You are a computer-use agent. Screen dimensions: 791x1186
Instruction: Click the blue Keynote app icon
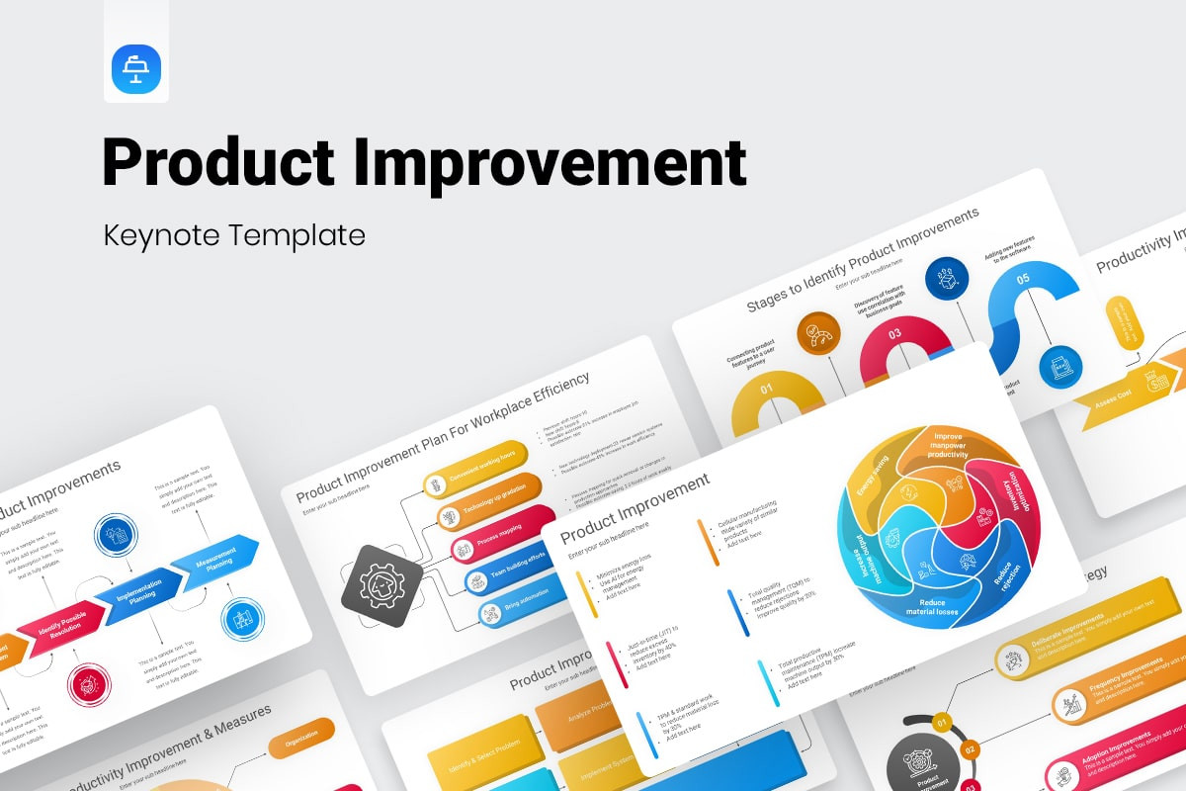136,69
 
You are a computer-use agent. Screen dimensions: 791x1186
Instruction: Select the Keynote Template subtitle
234,235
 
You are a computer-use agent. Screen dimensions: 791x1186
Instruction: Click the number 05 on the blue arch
1023,279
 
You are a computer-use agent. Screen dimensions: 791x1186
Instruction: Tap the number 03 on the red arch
893,334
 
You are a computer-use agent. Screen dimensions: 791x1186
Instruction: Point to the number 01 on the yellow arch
767,389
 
